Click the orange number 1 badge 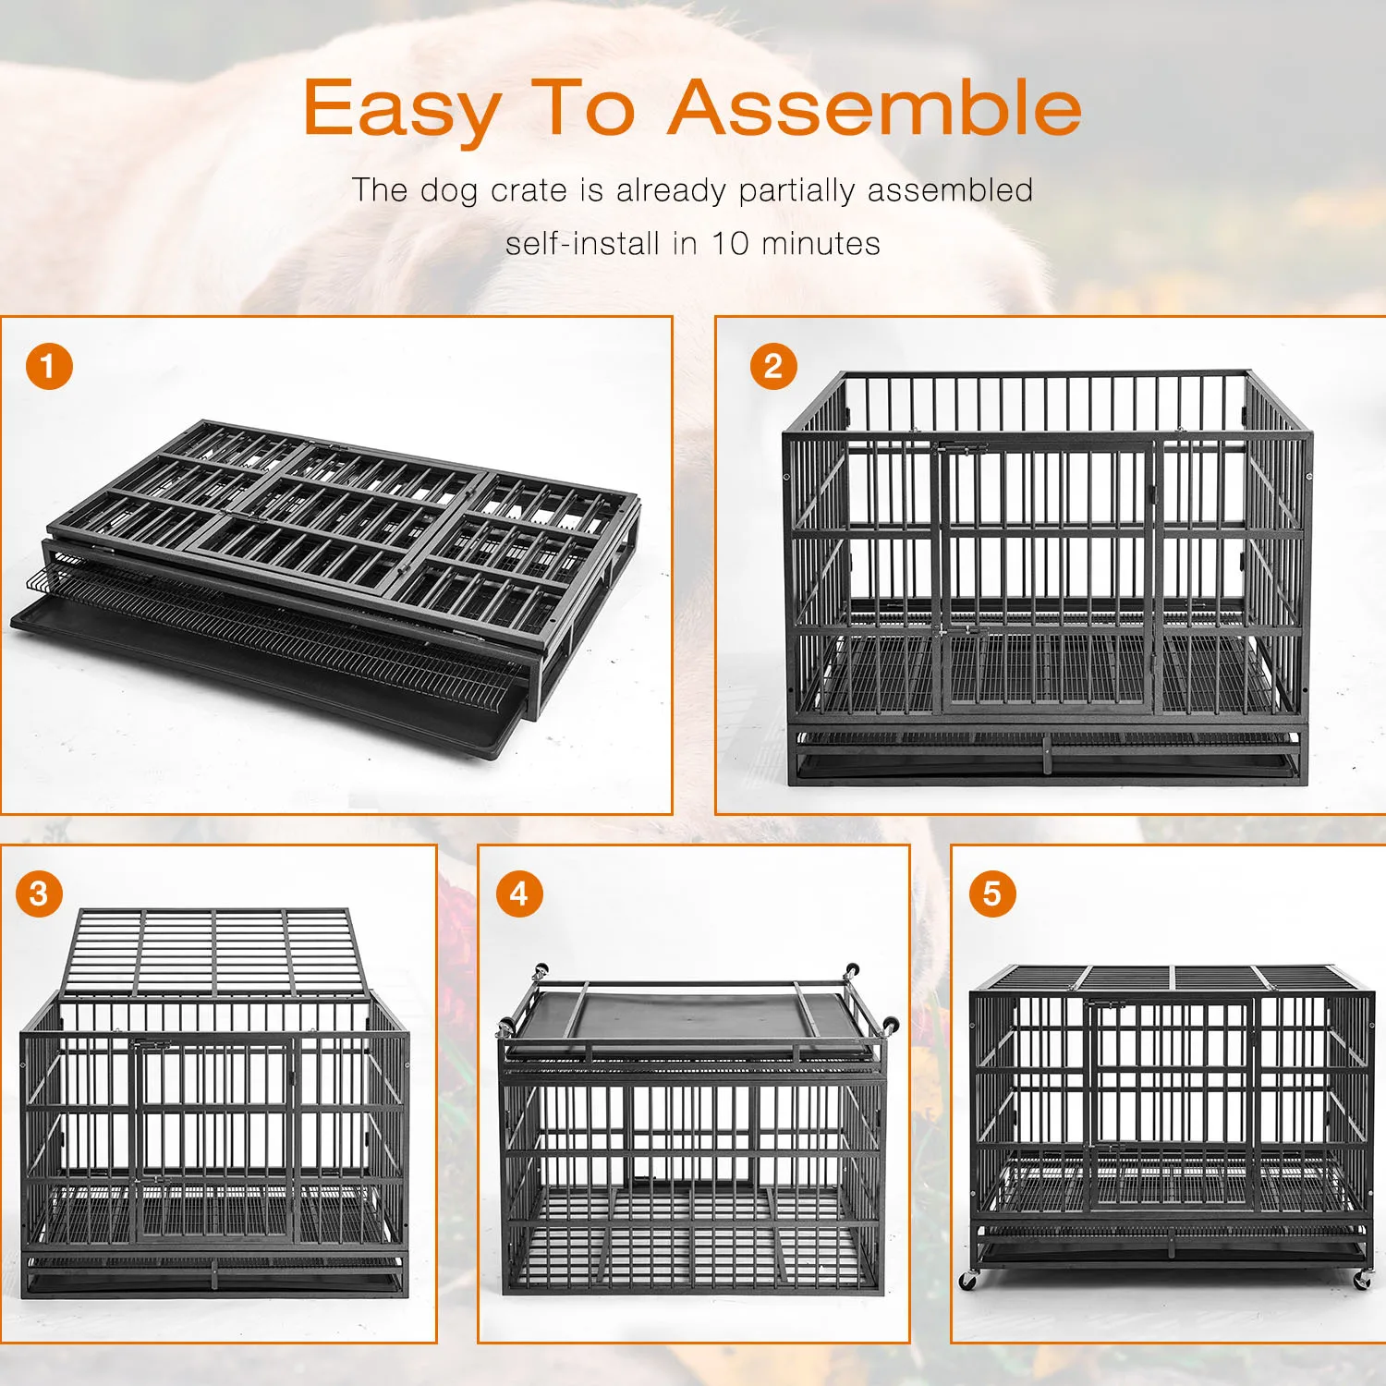pyautogui.click(x=49, y=366)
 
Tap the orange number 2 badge pyautogui.click(x=773, y=366)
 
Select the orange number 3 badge pyautogui.click(x=39, y=894)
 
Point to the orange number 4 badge pyautogui.click(x=519, y=894)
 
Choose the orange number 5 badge pyautogui.click(x=991, y=894)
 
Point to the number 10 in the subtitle pyautogui.click(x=729, y=244)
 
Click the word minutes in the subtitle pyautogui.click(x=821, y=244)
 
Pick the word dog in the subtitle pyautogui.click(x=449, y=190)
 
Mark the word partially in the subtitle pyautogui.click(x=796, y=190)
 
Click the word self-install pyautogui.click(x=583, y=244)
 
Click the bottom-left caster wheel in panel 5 pyautogui.click(x=967, y=1281)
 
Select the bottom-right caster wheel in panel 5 pyautogui.click(x=1361, y=1281)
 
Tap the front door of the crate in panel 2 pyautogui.click(x=1044, y=577)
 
